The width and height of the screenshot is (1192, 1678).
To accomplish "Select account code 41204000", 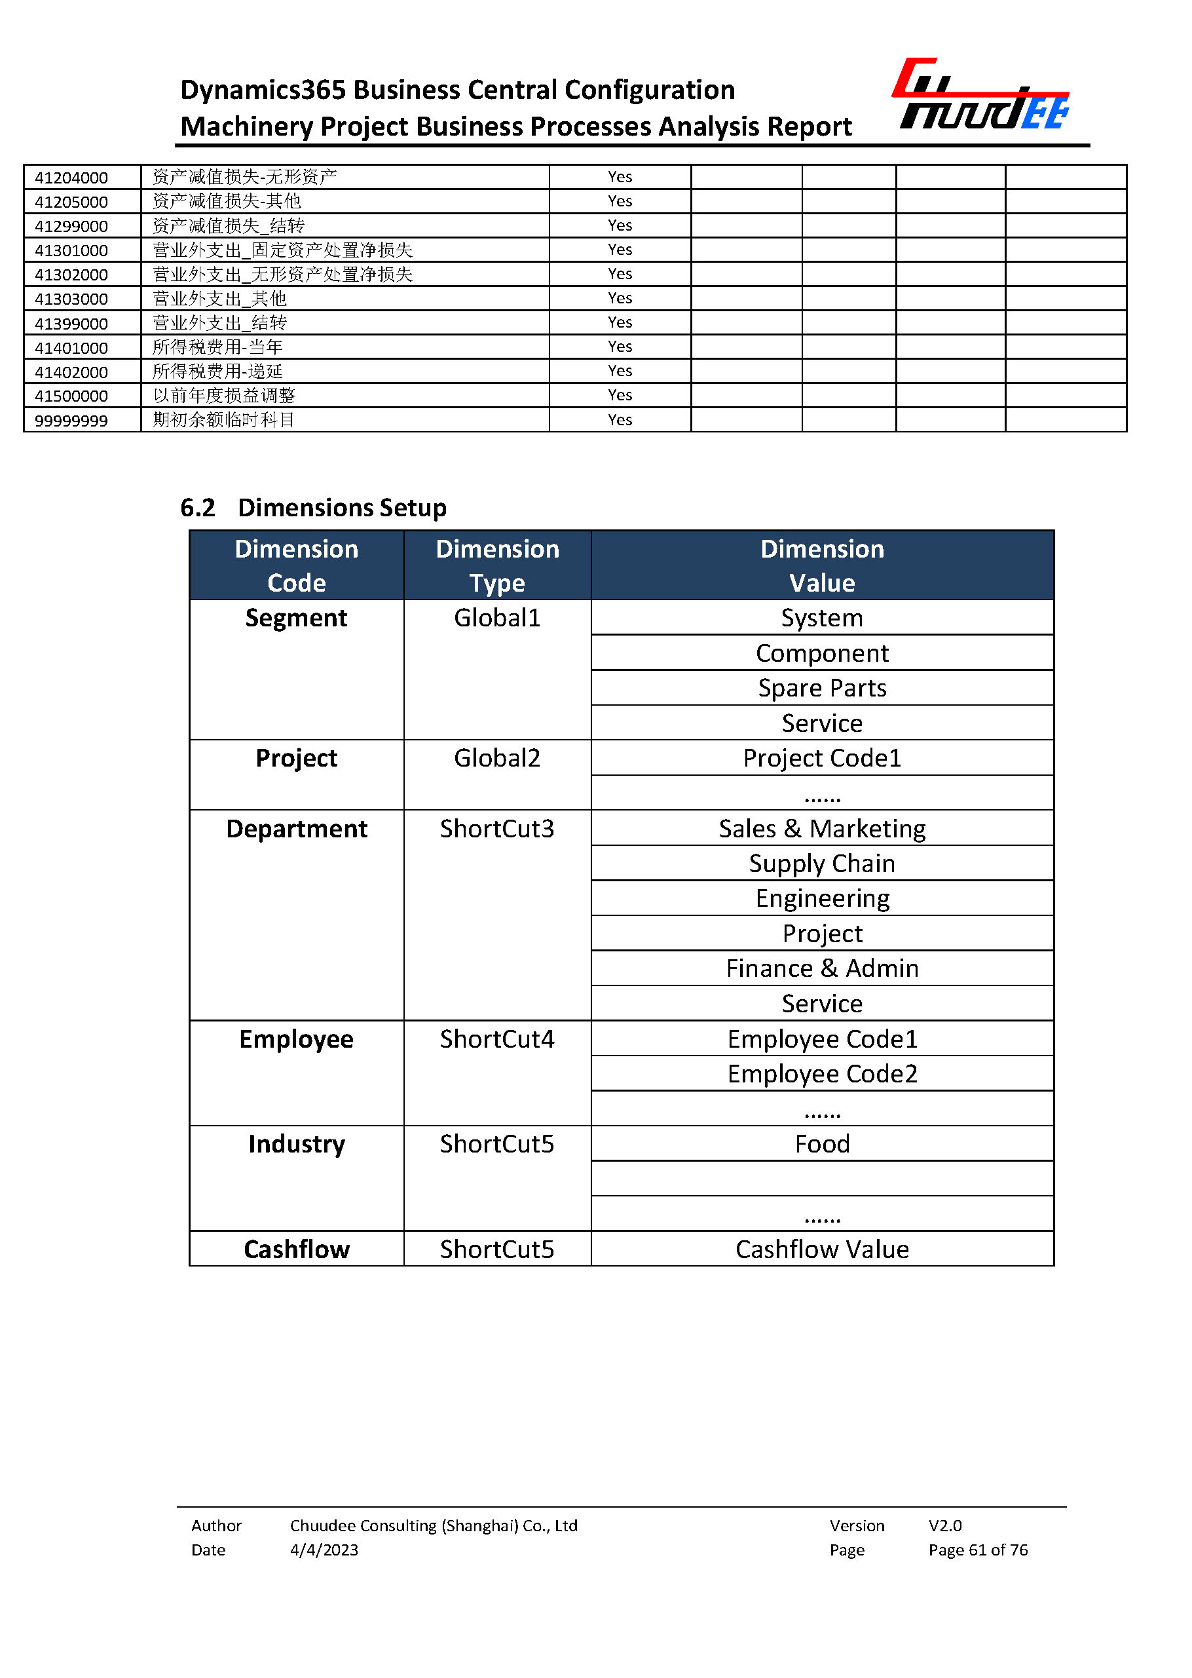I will [x=71, y=178].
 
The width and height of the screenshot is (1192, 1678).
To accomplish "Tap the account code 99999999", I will [x=71, y=421].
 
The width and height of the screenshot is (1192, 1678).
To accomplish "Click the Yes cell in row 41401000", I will [x=620, y=347].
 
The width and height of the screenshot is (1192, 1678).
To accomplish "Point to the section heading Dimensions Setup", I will [x=341, y=507].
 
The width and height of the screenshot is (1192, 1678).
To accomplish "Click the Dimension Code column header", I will [x=297, y=565].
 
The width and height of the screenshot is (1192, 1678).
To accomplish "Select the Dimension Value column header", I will [x=821, y=565].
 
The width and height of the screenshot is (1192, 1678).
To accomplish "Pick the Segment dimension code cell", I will [x=297, y=619].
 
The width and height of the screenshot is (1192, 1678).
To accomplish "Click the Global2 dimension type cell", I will [x=497, y=758].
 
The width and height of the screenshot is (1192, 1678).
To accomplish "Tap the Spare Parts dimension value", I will [x=821, y=688].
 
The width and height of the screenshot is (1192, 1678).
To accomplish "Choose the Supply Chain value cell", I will [x=821, y=864].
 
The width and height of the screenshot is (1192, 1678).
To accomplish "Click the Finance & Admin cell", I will [x=821, y=968].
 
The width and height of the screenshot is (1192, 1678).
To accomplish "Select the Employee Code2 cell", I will [x=821, y=1074].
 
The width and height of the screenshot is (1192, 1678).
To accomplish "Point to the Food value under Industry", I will [x=821, y=1144].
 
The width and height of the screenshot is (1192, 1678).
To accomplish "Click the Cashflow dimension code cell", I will [x=297, y=1249].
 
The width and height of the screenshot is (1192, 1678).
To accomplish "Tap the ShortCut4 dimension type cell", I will [x=497, y=1039].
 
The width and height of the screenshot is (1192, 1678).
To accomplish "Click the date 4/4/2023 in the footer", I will [x=324, y=1550].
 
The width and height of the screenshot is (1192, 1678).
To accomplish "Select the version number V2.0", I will [x=944, y=1525].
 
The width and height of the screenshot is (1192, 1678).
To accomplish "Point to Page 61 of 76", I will [x=978, y=1550].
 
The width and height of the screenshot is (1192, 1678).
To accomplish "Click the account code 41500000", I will [x=71, y=396].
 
